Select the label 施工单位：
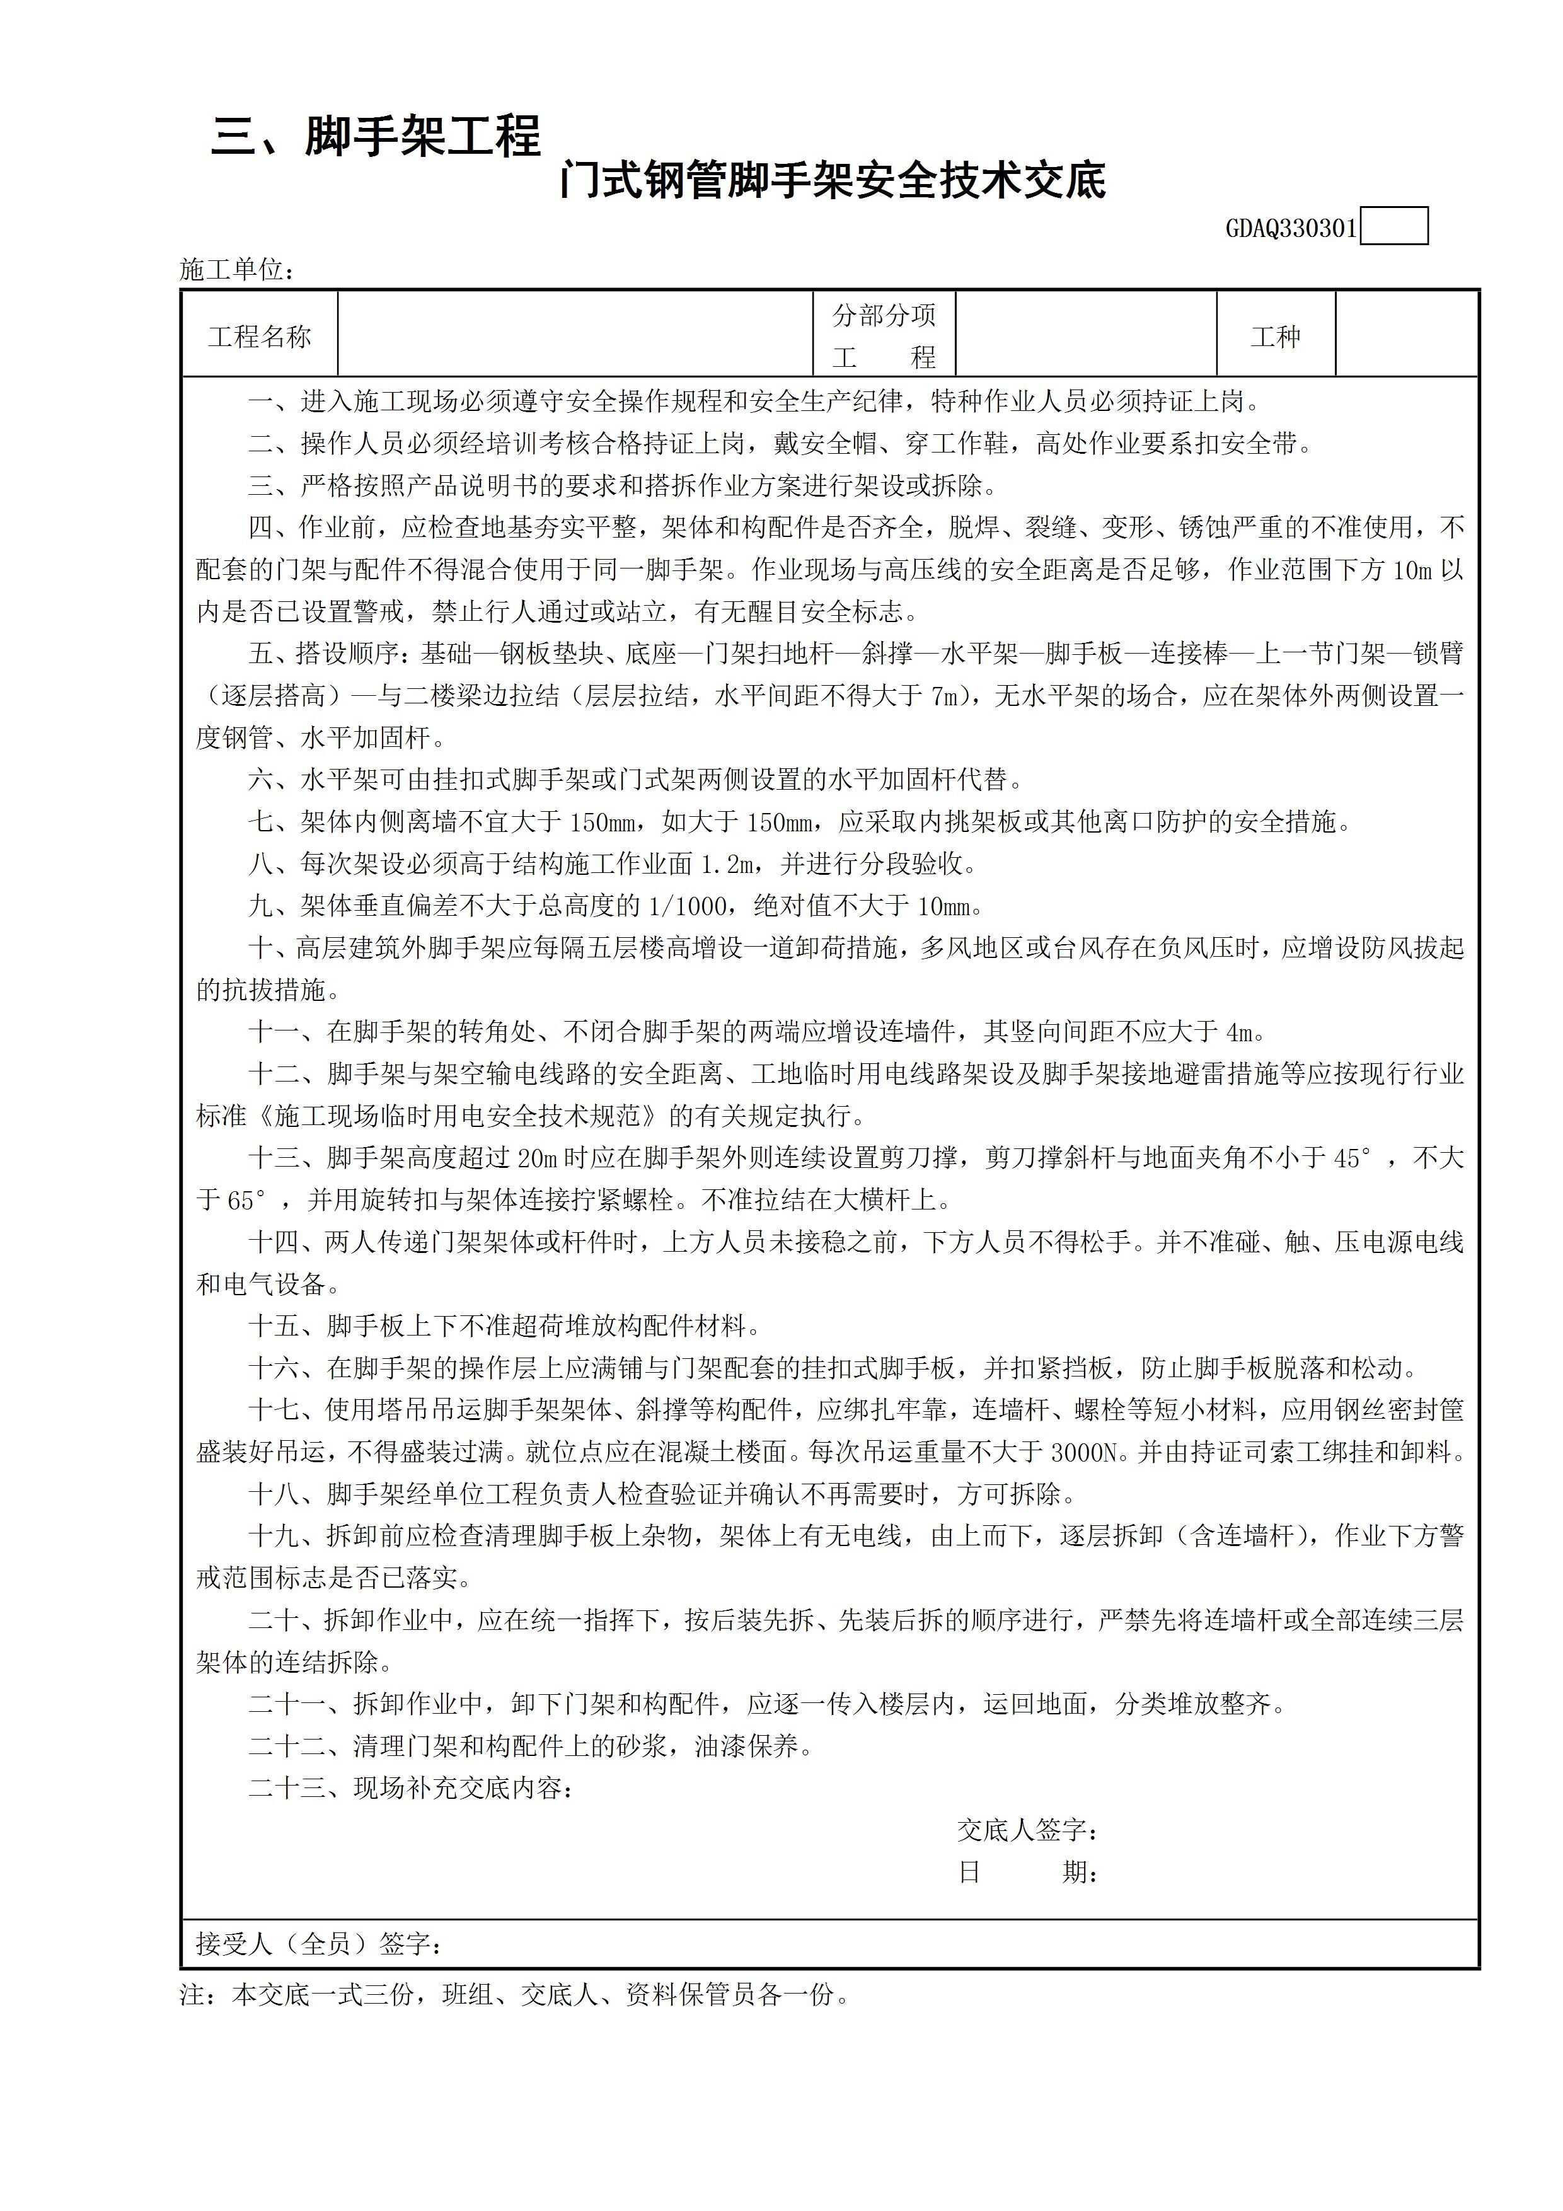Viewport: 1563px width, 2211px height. [x=237, y=270]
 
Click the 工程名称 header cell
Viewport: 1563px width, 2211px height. [x=260, y=336]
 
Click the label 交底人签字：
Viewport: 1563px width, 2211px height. [x=1027, y=1830]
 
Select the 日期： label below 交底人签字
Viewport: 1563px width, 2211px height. [x=1027, y=1873]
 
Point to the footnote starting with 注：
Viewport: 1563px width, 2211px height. [x=515, y=1994]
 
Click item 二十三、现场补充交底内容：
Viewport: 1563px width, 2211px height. [x=412, y=1788]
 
